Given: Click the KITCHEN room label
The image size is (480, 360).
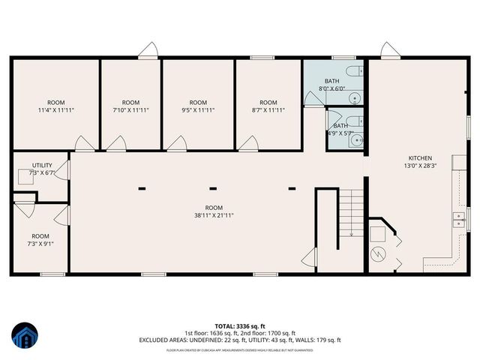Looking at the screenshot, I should [419, 158].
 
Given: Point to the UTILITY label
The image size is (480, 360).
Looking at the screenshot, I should [41, 165].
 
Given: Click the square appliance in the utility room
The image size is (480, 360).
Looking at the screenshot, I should [26, 177].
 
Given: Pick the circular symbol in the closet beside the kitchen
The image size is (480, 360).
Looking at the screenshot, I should [379, 253].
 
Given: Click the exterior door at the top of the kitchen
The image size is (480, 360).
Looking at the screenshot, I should [390, 51].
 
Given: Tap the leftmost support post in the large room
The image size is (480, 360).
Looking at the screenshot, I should [141, 188].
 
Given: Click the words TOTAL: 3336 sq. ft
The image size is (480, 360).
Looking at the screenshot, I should [240, 325].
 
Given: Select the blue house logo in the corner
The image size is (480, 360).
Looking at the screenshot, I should [24, 335].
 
